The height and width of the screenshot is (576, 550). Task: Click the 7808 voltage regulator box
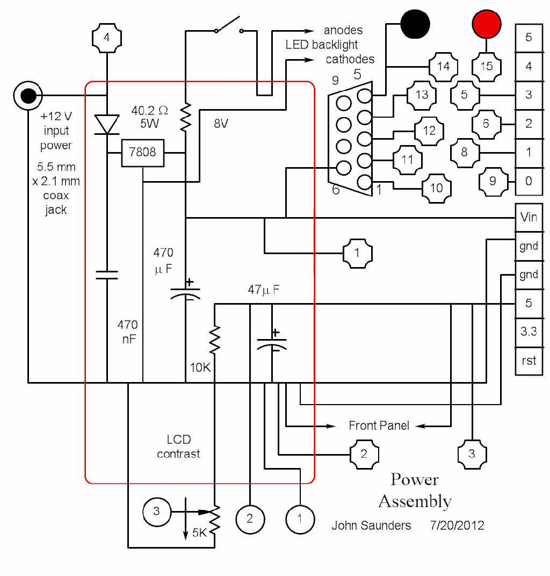point(143,153)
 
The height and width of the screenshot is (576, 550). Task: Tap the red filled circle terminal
point(487,24)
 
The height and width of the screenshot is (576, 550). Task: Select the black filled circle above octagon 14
point(415,24)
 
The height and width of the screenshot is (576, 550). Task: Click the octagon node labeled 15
point(487,66)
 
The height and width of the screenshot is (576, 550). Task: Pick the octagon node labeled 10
point(436,188)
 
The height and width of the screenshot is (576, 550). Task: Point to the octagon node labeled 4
point(107,38)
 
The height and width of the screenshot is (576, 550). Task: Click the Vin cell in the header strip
point(529,218)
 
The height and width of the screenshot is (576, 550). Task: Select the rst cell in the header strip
point(529,361)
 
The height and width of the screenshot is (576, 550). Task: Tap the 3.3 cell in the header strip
point(529,332)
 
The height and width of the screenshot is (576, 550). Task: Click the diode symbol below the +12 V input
point(107,125)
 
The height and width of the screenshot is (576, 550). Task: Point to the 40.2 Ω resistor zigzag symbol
point(185,118)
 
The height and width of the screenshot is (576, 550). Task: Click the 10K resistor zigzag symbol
point(214,340)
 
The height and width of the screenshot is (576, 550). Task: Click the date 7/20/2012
point(457,525)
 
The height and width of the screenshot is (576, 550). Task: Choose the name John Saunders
point(372,525)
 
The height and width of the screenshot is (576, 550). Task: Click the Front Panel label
point(379,426)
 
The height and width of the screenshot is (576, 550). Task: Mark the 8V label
point(221,124)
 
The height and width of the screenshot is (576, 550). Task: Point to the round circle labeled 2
point(250,519)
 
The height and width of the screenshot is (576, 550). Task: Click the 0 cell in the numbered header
point(529,181)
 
